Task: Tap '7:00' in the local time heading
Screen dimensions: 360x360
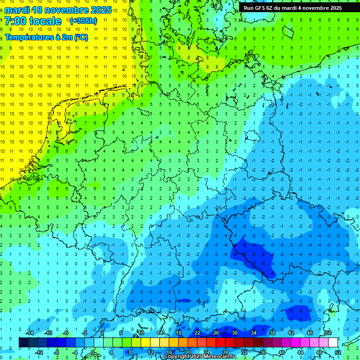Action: [16, 21]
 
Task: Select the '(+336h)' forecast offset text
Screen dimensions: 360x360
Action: [83, 21]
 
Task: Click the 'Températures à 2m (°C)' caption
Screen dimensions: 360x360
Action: [46, 37]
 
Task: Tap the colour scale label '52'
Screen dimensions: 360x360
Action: [338, 352]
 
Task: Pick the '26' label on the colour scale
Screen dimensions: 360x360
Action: [216, 333]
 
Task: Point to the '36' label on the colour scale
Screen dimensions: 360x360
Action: [263, 352]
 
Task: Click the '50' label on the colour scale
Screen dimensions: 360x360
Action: [328, 333]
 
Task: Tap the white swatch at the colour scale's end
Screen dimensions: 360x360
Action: [333, 342]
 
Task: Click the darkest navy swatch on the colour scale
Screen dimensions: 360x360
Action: [23, 342]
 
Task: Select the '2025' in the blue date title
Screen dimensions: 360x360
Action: [100, 10]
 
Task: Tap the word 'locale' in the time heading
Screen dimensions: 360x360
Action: [45, 21]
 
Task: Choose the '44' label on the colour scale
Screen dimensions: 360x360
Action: [300, 352]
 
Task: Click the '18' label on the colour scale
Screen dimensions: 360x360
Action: [179, 333]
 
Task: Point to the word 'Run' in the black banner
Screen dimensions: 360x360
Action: [248, 8]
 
